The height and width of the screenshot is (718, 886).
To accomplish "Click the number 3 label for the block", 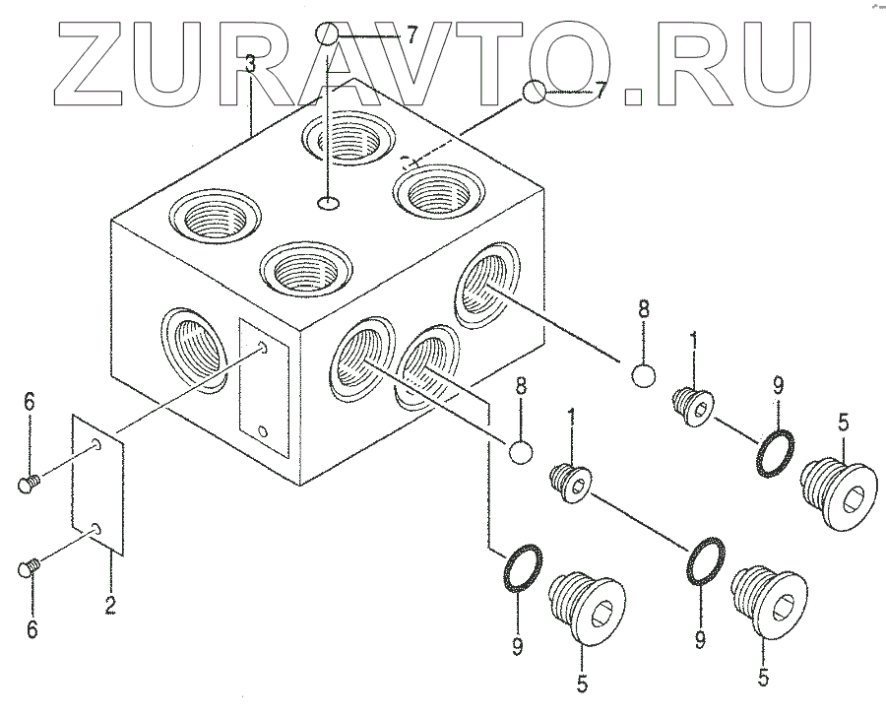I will coord(251,66).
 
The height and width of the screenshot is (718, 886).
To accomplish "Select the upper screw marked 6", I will coord(28,483).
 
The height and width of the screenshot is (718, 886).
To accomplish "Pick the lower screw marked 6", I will coord(28,567).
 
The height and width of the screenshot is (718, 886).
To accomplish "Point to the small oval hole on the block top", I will coord(329,204).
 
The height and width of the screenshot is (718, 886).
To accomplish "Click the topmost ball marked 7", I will coord(328,35).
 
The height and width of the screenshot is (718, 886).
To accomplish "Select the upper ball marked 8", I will coord(643,375).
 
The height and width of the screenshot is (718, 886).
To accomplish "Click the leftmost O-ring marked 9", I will coord(520,568).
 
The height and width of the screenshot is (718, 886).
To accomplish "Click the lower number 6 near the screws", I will coord(32,629).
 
